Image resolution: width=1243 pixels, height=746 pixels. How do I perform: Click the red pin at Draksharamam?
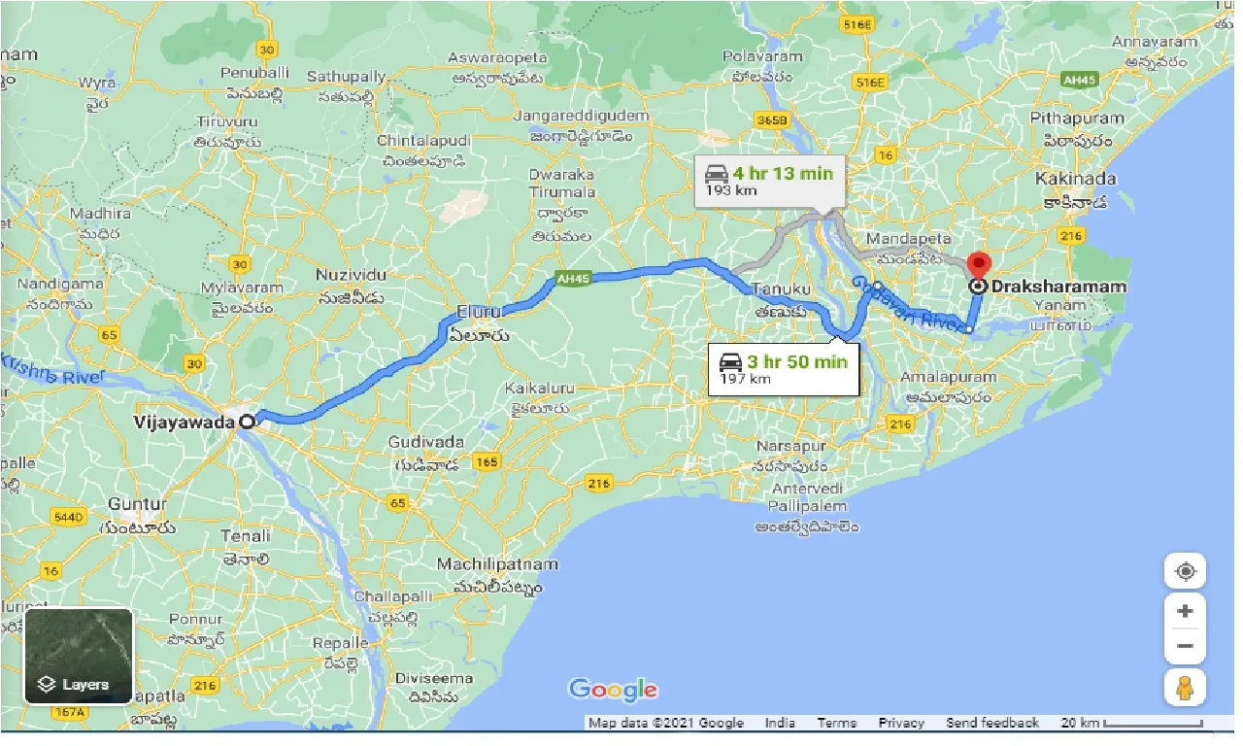point(979,264)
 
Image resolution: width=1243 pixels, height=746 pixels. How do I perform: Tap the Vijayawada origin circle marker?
point(249,422)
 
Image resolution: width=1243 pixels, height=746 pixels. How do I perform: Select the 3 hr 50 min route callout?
point(783,369)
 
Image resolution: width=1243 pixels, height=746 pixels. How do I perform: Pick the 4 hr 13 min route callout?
point(769,181)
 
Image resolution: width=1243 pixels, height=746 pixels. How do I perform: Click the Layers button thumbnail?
point(79,656)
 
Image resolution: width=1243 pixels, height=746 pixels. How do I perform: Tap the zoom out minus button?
point(1185,646)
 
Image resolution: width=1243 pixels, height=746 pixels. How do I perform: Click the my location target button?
point(1185,571)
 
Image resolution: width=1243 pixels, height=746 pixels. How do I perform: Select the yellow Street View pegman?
point(1185,688)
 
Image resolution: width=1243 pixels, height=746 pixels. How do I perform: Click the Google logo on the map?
point(613,690)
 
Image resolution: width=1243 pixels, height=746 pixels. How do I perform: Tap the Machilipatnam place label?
point(497,564)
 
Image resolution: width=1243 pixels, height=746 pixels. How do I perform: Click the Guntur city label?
point(138,504)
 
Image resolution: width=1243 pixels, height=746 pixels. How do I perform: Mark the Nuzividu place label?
point(352,275)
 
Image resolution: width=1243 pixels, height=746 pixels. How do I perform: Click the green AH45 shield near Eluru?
point(572,279)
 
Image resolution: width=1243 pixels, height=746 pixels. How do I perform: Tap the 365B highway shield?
point(772,119)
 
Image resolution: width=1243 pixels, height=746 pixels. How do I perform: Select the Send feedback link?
point(992,723)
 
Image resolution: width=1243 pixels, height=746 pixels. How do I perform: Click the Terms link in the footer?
point(836,723)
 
